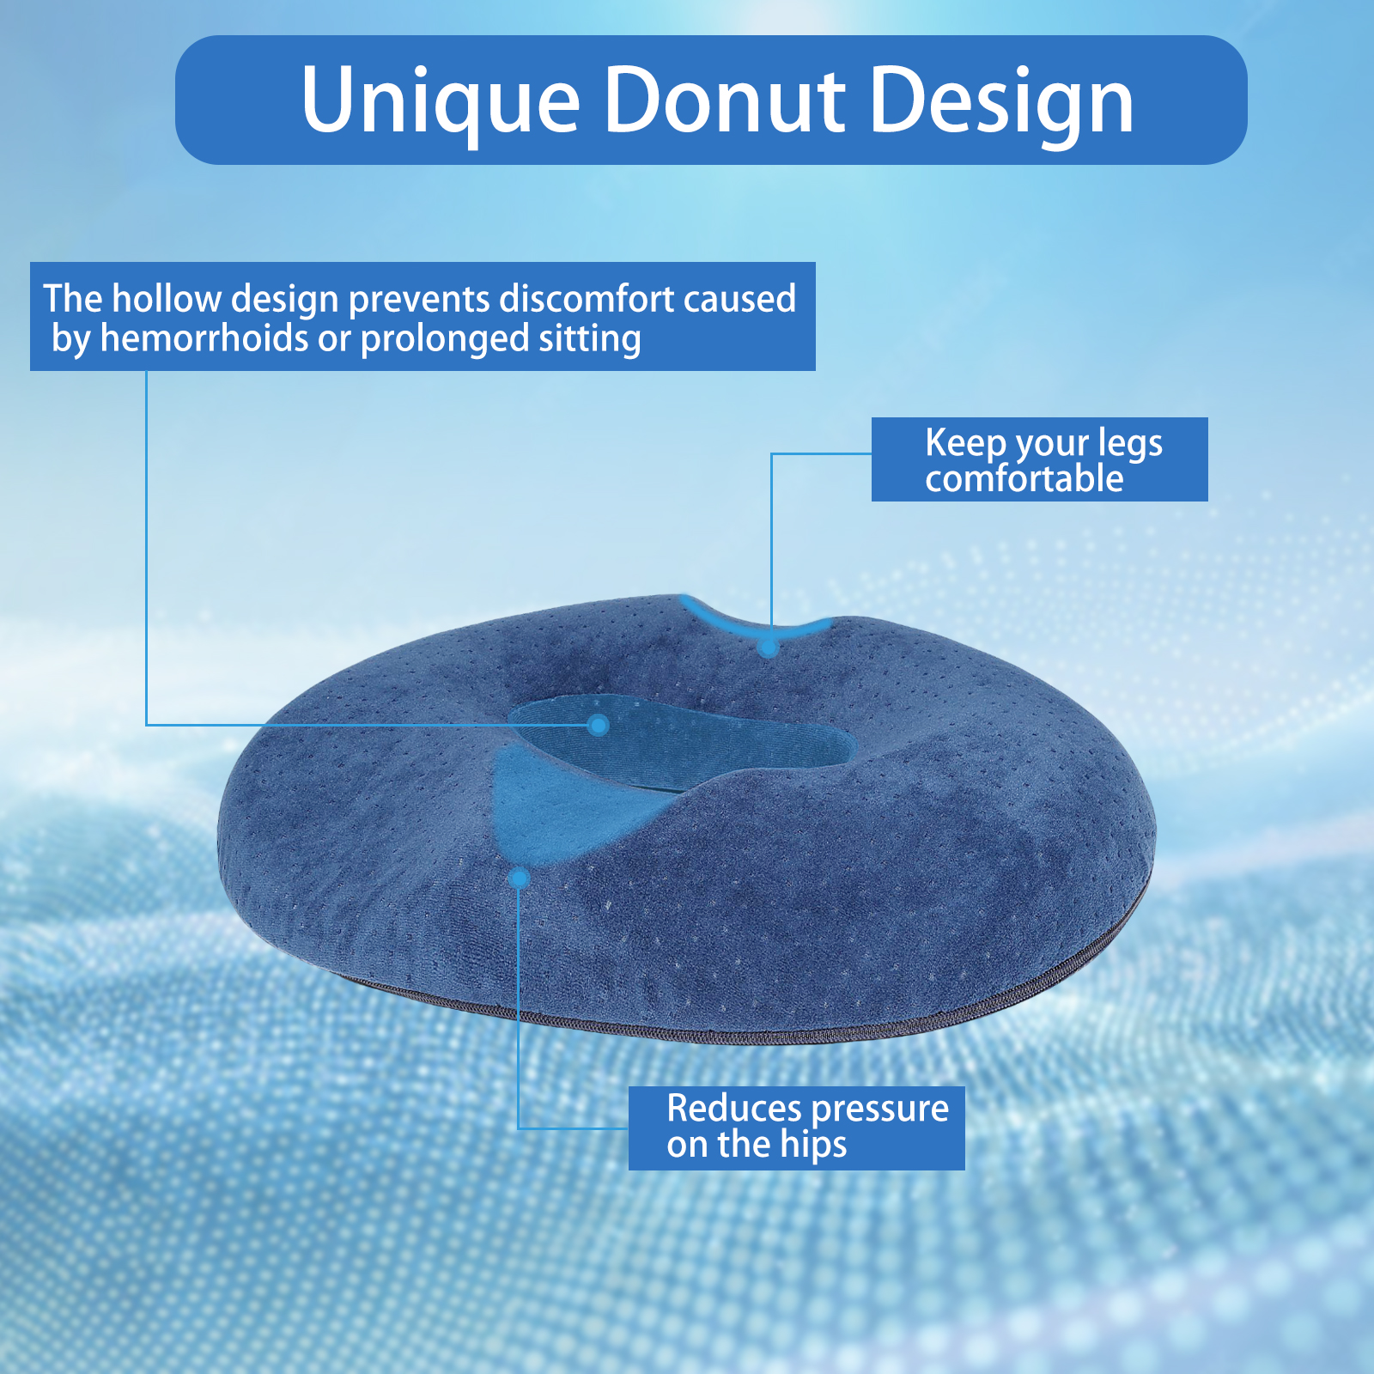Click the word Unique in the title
coord(441,101)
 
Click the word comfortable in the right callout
coord(1024,478)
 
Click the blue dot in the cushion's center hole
coord(599,726)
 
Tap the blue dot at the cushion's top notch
coord(769,647)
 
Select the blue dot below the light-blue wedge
coord(519,879)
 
